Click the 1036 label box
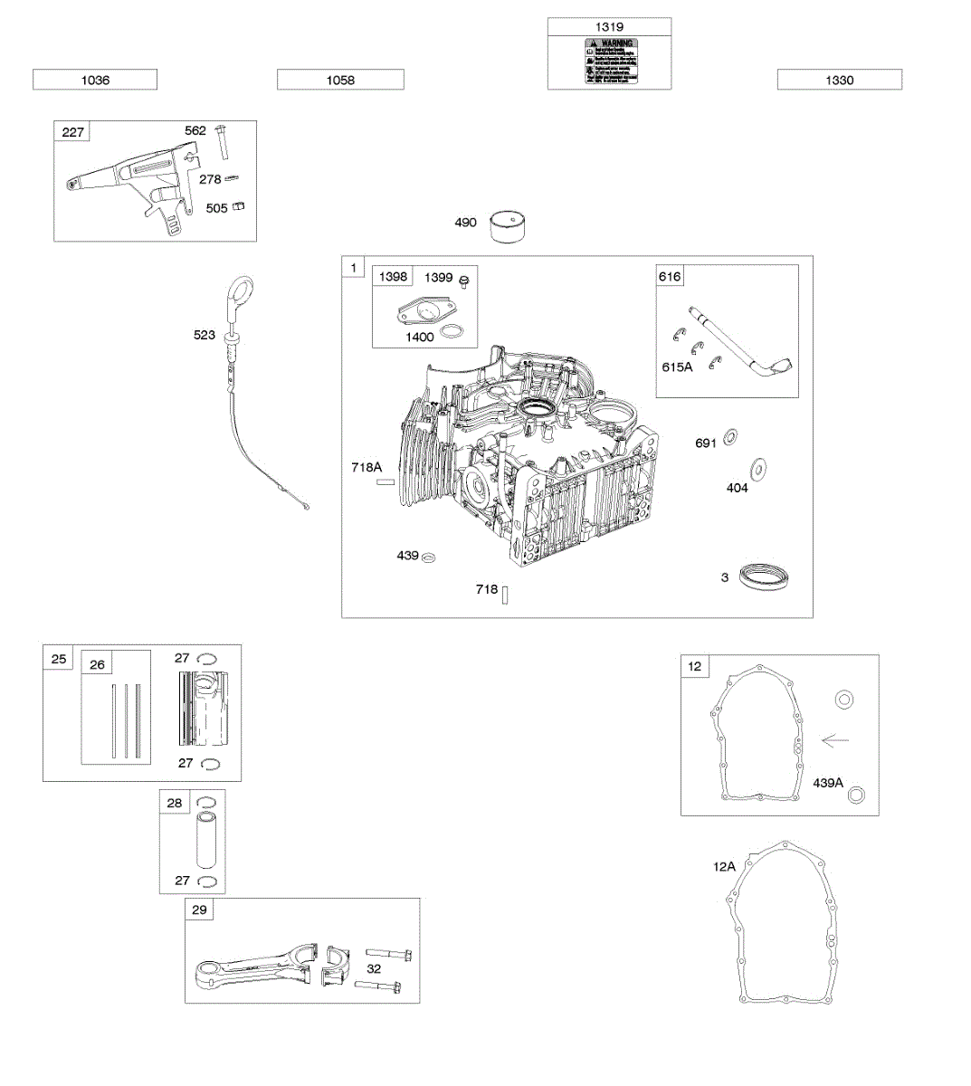pos(95,80)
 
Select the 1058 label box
pos(340,80)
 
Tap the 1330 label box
pos(839,80)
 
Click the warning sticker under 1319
pos(611,62)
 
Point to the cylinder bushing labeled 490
pos(510,226)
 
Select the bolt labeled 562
pos(223,141)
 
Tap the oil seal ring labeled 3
pos(764,576)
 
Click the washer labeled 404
pos(758,469)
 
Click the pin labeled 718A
pos(386,482)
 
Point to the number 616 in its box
pos(670,276)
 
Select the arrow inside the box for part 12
pos(835,740)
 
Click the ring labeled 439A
pos(857,795)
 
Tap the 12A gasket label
pos(724,866)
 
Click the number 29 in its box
pos(199,910)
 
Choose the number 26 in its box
pos(97,664)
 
